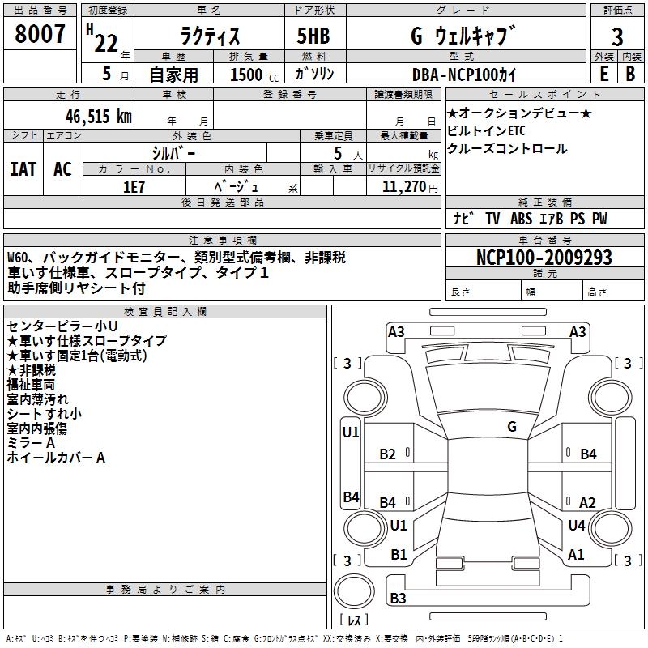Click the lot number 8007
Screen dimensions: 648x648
click(x=40, y=34)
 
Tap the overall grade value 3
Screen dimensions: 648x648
click(x=617, y=36)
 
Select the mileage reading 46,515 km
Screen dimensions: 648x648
click(x=98, y=117)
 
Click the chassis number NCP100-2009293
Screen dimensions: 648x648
click(x=544, y=257)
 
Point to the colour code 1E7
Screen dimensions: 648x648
click(x=134, y=187)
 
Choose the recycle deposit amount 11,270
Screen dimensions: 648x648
click(x=403, y=187)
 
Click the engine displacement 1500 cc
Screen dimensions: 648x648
click(x=254, y=75)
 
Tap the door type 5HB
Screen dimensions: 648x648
click(x=313, y=36)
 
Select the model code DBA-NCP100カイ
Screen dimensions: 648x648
click(x=464, y=75)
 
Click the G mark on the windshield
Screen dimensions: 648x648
click(x=512, y=427)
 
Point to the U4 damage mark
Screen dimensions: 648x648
click(x=577, y=525)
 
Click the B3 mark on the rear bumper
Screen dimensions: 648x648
click(x=398, y=598)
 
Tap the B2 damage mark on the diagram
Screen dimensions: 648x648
click(x=388, y=454)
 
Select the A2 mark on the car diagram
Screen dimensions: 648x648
click(x=587, y=502)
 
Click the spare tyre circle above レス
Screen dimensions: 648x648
click(x=354, y=591)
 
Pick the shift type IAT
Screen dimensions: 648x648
click(x=23, y=169)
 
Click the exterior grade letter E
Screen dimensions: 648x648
click(x=604, y=74)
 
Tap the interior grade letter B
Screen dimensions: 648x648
click(x=630, y=74)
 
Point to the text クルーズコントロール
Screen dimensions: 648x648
click(x=507, y=149)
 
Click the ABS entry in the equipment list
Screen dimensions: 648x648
click(x=521, y=219)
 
